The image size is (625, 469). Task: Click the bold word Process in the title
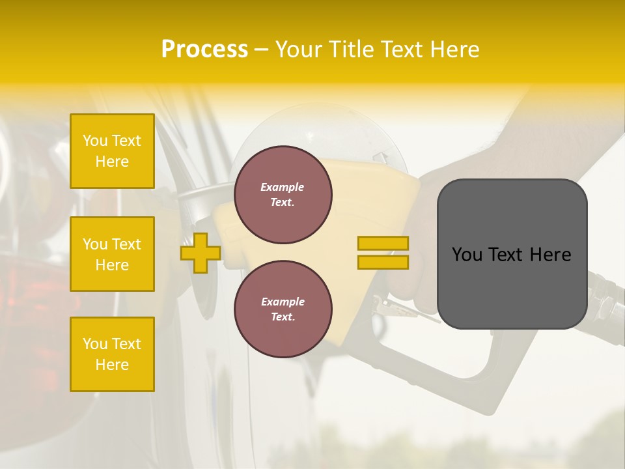[204, 50]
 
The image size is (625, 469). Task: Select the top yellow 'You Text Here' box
[112, 151]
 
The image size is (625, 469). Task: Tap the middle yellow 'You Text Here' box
[112, 254]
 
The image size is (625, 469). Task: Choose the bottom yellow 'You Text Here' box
[112, 354]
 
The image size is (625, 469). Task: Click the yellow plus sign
[200, 253]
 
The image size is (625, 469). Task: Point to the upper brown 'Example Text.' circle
[283, 194]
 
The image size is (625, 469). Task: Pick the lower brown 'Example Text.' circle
[283, 309]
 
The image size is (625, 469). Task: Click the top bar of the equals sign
[383, 243]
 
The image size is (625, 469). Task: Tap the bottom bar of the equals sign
[383, 262]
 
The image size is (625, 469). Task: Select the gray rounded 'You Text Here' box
[512, 254]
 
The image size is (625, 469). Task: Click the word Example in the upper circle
[282, 187]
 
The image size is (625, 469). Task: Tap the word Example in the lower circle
[283, 302]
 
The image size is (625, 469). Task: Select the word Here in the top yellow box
[112, 162]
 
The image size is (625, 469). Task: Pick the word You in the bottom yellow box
[95, 344]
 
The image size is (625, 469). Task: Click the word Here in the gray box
[549, 255]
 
